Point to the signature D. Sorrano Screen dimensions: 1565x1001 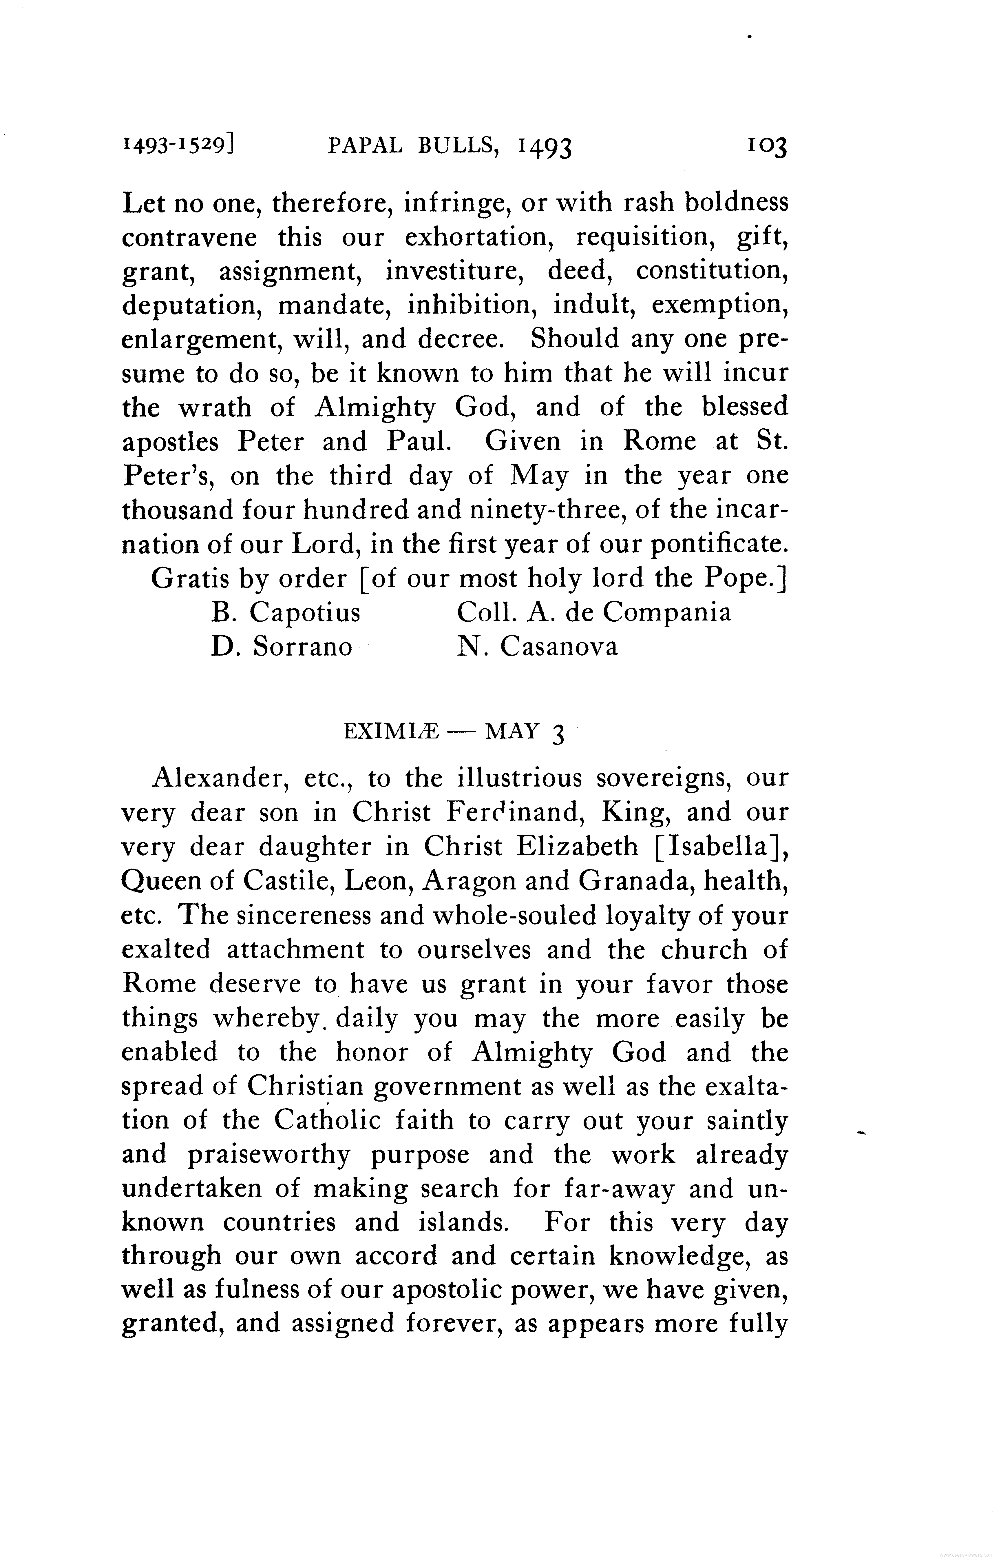(x=282, y=647)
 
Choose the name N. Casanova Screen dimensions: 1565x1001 (x=537, y=647)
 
